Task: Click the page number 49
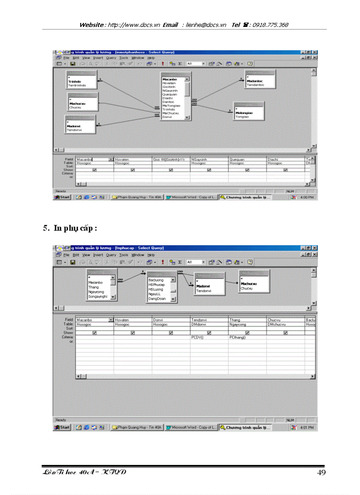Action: [x=321, y=473]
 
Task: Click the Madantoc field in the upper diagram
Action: [x=255, y=81]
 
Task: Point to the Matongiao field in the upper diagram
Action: [x=244, y=113]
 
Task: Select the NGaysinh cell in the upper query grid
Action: [x=199, y=159]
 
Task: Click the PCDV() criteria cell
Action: [x=197, y=337]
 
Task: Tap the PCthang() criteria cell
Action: [x=237, y=337]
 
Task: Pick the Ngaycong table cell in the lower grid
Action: [x=237, y=324]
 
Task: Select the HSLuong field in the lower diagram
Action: [x=156, y=289]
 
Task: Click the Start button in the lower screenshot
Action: [x=62, y=427]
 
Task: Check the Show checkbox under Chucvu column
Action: [x=285, y=333]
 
